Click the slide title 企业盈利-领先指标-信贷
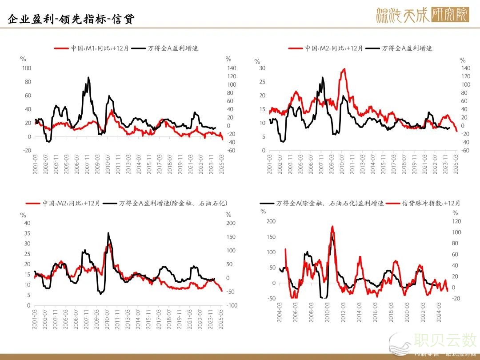tap(71, 19)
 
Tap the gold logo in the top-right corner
tap(423, 16)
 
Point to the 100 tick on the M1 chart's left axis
tap(27, 68)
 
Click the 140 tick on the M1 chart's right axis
tap(230, 68)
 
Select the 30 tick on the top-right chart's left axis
tap(262, 68)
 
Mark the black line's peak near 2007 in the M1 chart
tap(88, 77)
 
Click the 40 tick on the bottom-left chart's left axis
tap(28, 223)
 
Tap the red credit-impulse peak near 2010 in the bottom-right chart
tap(332, 226)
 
